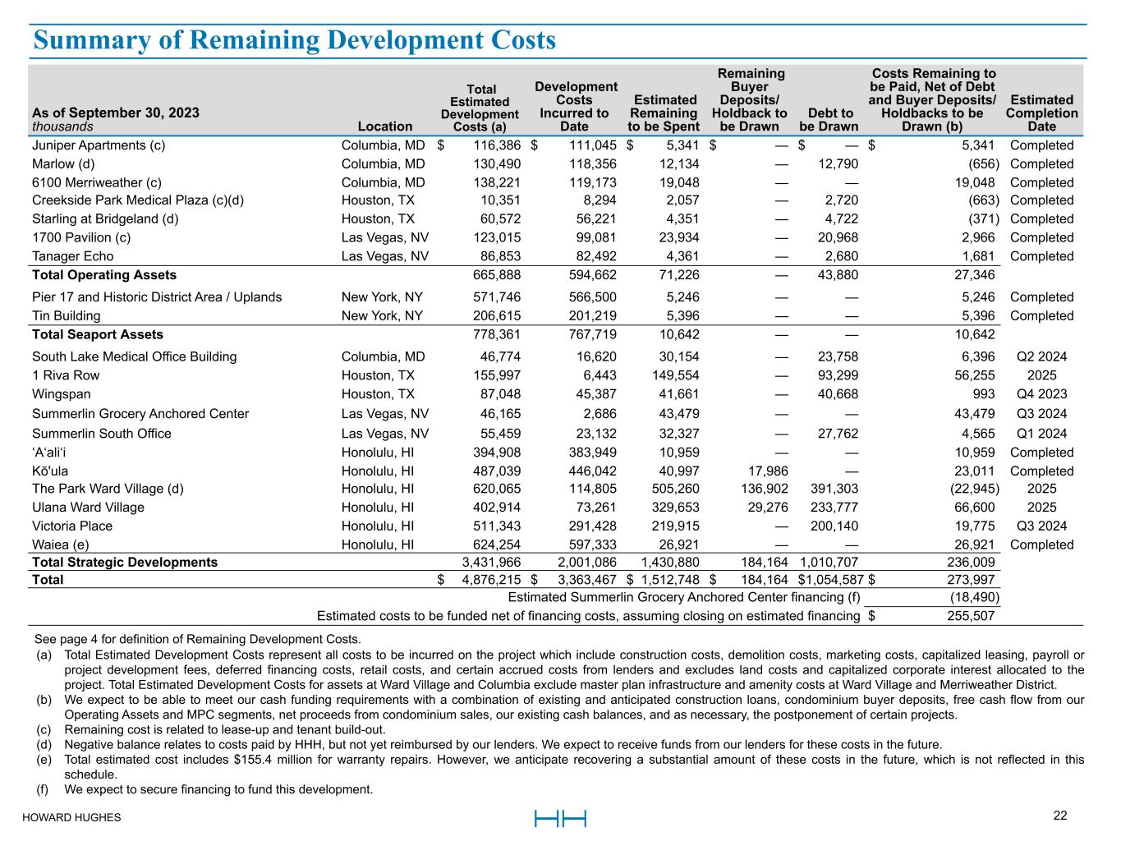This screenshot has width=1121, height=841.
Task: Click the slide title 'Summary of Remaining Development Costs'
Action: pos(294,40)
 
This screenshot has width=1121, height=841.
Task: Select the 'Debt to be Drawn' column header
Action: pos(829,119)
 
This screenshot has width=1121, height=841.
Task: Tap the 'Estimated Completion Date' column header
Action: pos(1041,113)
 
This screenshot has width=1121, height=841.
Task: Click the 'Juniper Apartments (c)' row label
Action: pos(99,145)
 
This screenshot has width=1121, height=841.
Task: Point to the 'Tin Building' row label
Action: pos(67,316)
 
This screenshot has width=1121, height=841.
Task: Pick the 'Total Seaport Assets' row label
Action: pos(98,334)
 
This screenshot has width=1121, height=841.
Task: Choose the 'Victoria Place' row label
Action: pos(72,526)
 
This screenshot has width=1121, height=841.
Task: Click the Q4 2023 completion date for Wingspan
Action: pos(1041,394)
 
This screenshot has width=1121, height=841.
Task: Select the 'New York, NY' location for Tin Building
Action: pos(382,316)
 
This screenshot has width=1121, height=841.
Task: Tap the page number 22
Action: pos(1060,816)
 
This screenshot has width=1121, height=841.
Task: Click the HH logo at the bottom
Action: pos(560,818)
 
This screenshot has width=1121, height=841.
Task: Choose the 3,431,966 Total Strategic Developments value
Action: pos(491,563)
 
